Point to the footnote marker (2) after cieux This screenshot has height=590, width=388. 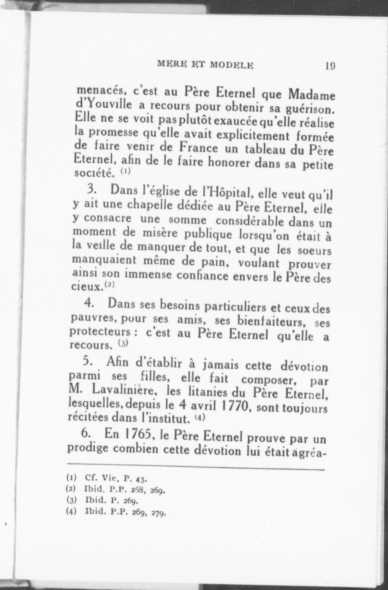pos(109,285)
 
